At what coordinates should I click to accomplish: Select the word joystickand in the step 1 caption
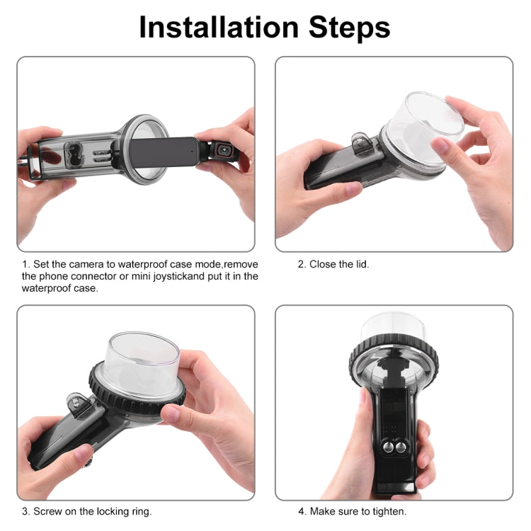coord(174,276)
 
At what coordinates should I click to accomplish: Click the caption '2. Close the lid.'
coord(333,264)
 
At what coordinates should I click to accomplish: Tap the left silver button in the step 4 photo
coord(388,446)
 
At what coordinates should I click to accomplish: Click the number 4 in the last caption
coord(301,510)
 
